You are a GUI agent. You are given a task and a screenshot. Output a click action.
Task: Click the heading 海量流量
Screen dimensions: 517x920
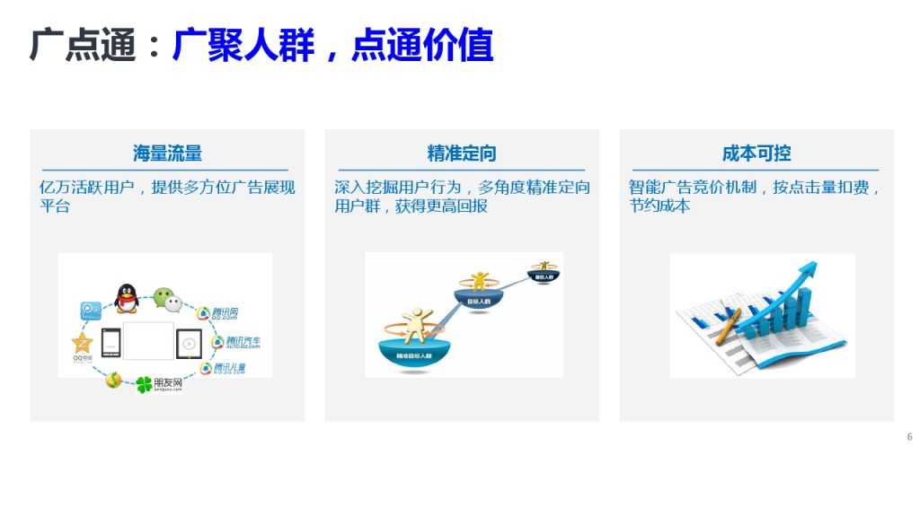(167, 153)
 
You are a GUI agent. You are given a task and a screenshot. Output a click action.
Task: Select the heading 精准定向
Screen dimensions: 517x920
(462, 153)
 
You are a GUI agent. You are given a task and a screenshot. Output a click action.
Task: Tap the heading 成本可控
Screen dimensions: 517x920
(756, 153)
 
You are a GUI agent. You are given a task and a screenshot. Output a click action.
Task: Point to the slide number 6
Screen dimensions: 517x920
(909, 437)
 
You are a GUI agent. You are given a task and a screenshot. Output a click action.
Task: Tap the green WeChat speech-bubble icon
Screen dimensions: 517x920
(163, 296)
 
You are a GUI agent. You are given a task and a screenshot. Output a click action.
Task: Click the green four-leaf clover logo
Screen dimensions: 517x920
(145, 386)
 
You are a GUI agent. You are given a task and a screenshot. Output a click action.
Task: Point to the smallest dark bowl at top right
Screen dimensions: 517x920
(544, 272)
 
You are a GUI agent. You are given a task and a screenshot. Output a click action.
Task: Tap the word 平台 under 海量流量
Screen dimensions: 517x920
(55, 206)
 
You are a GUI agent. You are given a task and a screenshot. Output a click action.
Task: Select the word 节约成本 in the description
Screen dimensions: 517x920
(659, 206)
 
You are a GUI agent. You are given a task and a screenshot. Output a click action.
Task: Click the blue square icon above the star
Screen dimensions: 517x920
(90, 311)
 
